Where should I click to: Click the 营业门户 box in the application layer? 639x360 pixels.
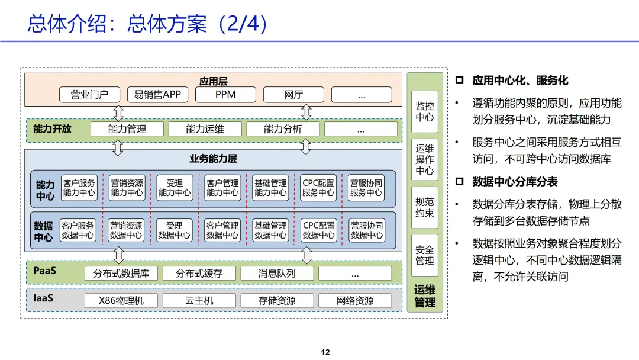(x=89, y=95)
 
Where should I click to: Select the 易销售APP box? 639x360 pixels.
(x=157, y=95)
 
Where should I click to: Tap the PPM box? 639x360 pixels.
(x=225, y=95)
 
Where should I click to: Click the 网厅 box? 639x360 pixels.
(x=293, y=95)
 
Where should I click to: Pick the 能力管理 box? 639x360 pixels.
(x=127, y=129)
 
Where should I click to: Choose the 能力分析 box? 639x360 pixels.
(x=282, y=129)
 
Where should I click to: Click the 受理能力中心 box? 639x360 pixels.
(x=175, y=188)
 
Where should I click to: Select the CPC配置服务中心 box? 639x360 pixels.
(x=318, y=188)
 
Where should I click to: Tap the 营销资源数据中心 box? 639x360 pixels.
(x=126, y=230)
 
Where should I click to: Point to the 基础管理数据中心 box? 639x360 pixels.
(x=270, y=230)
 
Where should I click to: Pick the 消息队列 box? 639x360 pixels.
(x=277, y=274)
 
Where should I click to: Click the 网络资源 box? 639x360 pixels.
(x=355, y=301)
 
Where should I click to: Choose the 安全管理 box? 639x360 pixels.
(x=424, y=255)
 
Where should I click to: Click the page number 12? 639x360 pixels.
(x=325, y=352)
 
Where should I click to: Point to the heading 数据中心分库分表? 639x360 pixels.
(x=515, y=182)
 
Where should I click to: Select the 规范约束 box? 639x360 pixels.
(x=424, y=207)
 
